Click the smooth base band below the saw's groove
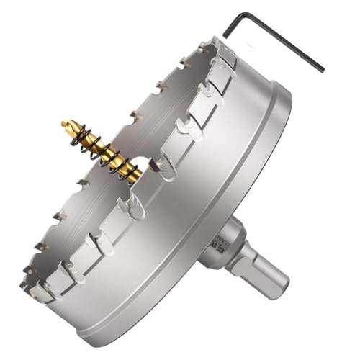238,209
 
